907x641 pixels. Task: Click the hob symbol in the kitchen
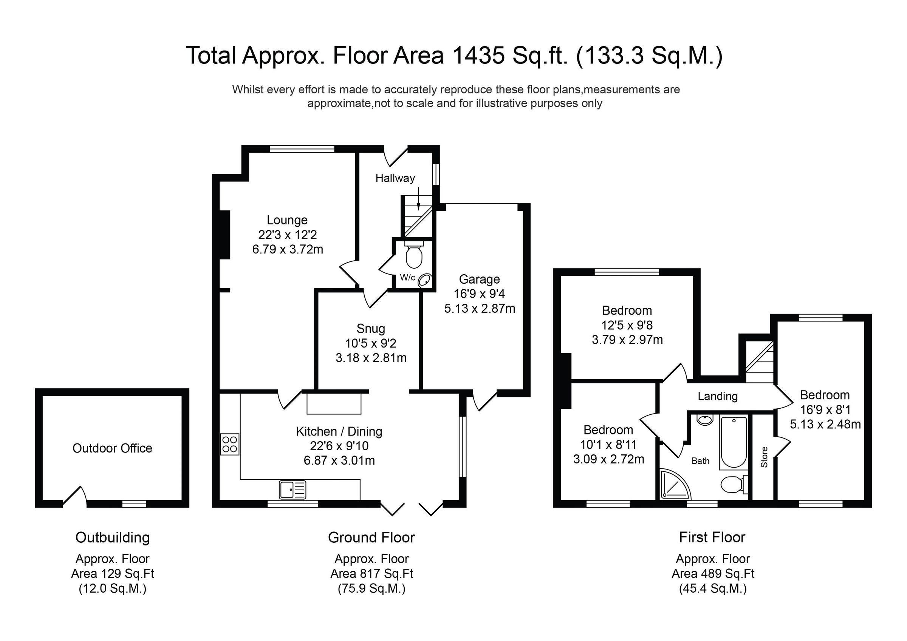click(x=229, y=444)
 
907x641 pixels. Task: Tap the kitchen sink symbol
click(x=293, y=490)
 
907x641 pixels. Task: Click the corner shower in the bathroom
click(x=674, y=484)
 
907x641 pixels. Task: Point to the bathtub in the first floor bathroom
click(x=734, y=442)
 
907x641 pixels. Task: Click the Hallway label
click(x=395, y=178)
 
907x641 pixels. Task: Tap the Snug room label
click(x=370, y=329)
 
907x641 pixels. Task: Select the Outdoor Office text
click(x=112, y=448)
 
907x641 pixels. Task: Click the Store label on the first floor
click(x=765, y=457)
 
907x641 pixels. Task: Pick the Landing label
click(x=717, y=396)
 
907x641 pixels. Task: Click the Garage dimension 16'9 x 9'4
click(x=479, y=294)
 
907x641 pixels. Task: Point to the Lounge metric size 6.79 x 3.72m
click(x=288, y=250)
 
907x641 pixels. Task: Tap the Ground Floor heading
click(x=371, y=538)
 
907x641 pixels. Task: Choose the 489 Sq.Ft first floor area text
click(x=713, y=573)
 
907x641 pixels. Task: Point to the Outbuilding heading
click(x=113, y=538)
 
